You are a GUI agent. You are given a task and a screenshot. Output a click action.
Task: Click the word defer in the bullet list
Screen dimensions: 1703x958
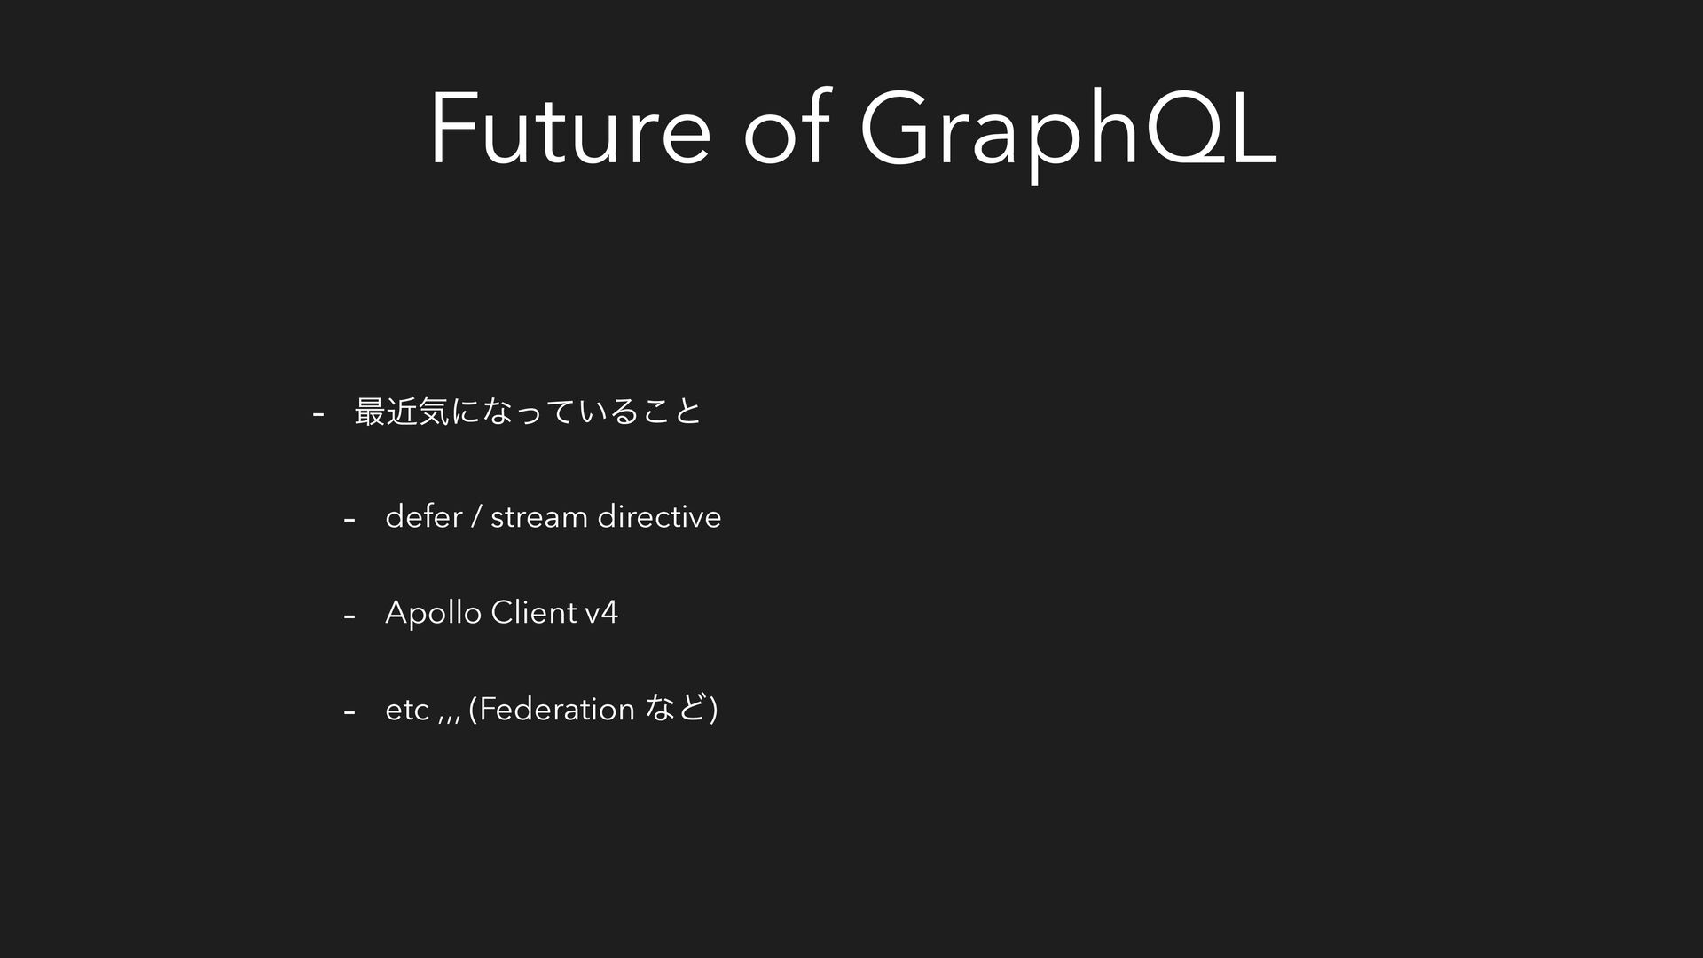point(423,515)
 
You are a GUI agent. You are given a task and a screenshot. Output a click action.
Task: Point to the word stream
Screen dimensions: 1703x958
point(539,516)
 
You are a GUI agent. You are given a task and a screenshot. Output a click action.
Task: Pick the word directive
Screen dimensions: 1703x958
point(659,515)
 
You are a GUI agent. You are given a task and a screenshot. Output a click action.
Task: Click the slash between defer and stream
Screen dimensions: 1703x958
point(476,516)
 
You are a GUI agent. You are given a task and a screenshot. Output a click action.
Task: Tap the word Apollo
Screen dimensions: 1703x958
point(434,612)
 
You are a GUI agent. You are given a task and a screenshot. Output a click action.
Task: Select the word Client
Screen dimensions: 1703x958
point(534,611)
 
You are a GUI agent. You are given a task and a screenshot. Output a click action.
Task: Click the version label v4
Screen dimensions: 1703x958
point(601,612)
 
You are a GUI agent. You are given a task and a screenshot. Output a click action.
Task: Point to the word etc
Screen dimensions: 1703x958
point(407,710)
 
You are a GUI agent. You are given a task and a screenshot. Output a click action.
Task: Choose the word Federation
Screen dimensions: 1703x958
point(556,709)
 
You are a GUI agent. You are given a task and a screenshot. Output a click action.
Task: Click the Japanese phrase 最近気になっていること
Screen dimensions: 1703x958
point(528,411)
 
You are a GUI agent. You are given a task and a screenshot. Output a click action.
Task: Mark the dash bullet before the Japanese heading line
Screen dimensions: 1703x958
point(318,413)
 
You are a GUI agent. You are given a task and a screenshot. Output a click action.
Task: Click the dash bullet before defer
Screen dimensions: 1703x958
point(349,519)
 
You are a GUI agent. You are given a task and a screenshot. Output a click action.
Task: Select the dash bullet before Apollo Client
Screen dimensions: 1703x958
point(349,615)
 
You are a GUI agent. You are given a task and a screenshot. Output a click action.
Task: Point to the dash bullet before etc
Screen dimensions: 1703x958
point(349,711)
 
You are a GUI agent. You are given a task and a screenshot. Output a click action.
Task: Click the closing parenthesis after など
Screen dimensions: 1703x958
point(714,709)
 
